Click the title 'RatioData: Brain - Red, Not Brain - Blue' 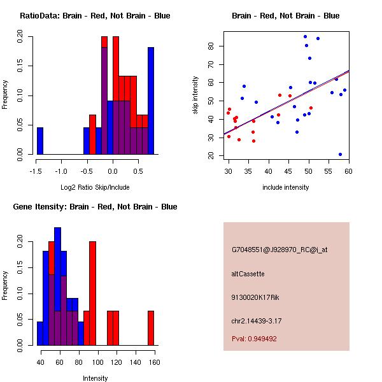click(x=95, y=16)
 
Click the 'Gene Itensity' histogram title click(x=95, y=207)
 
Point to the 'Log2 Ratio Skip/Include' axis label click(x=95, y=187)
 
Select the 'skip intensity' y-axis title click(x=195, y=95)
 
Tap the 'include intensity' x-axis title click(x=286, y=187)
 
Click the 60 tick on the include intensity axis click(x=348, y=171)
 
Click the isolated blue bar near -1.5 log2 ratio click(x=40, y=141)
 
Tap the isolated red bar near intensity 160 click(x=151, y=328)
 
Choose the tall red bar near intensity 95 click(x=92, y=293)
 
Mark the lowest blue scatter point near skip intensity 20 click(x=340, y=154)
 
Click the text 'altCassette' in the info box click(x=248, y=274)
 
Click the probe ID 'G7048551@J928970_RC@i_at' click(x=279, y=250)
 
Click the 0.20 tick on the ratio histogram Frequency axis click(x=20, y=38)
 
